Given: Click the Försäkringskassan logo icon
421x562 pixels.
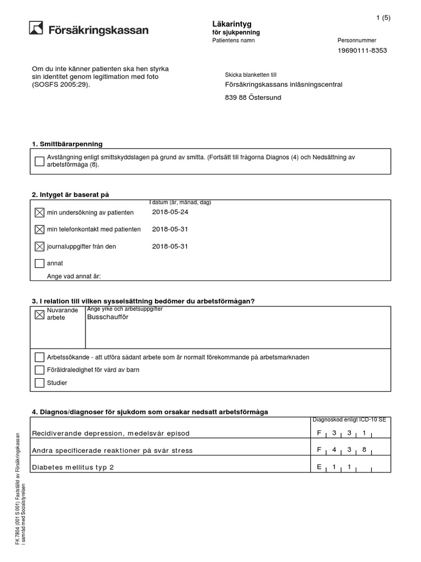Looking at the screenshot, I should tap(37, 29).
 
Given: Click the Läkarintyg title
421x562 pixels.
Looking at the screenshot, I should tap(228, 24).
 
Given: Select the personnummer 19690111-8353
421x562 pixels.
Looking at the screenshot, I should tap(362, 50).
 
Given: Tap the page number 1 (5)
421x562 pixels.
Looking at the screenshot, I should tap(383, 18).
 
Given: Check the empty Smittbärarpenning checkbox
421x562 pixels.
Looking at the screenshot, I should tap(39, 161).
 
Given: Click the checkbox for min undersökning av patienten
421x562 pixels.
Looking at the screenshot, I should tap(39, 212).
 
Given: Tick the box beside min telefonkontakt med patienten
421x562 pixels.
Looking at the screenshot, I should tap(39, 229).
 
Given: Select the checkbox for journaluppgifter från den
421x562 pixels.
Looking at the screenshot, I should tap(39, 246).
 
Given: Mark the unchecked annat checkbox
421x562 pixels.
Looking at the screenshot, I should tap(39, 263).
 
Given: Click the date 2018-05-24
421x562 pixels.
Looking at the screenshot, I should tap(170, 212).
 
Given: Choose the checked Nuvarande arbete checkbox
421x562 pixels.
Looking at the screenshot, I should tap(39, 315).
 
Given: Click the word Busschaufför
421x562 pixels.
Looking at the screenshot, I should tap(107, 318).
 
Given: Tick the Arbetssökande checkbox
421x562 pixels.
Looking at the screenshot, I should tap(39, 357).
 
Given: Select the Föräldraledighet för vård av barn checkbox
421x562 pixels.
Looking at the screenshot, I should tap(39, 370).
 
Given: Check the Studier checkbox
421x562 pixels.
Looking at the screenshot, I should tap(39, 383).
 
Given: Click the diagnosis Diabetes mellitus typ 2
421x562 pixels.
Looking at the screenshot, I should tap(73, 468).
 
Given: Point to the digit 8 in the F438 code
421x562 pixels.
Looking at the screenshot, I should tap(363, 450).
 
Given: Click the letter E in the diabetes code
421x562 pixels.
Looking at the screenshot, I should tap(319, 467).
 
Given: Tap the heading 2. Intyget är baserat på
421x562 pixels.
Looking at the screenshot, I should tap(74, 195).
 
